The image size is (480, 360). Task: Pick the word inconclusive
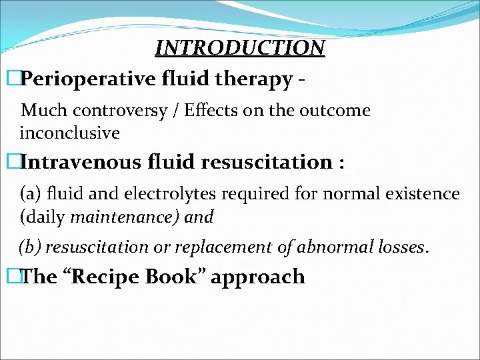click(x=70, y=133)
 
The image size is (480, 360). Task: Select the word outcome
click(x=336, y=110)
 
